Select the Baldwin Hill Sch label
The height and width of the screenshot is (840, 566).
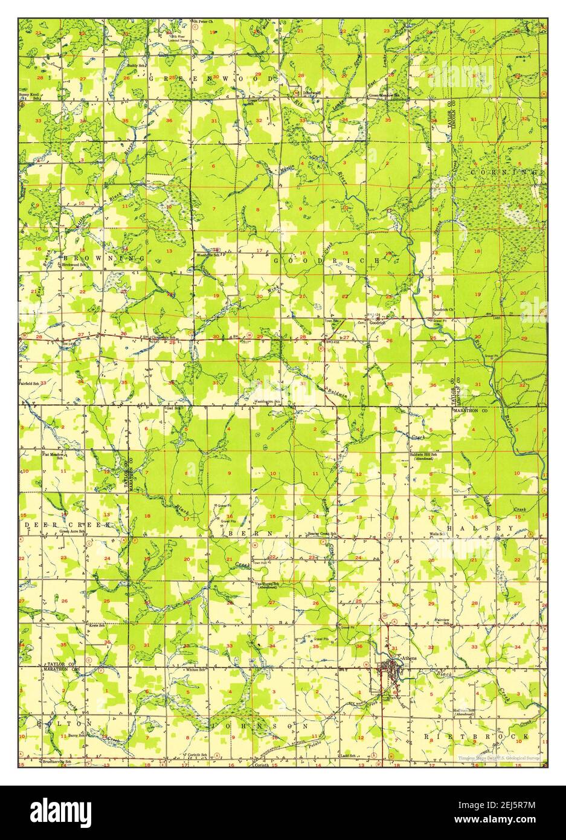tap(429, 454)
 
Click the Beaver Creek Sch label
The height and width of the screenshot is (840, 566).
tap(321, 534)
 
